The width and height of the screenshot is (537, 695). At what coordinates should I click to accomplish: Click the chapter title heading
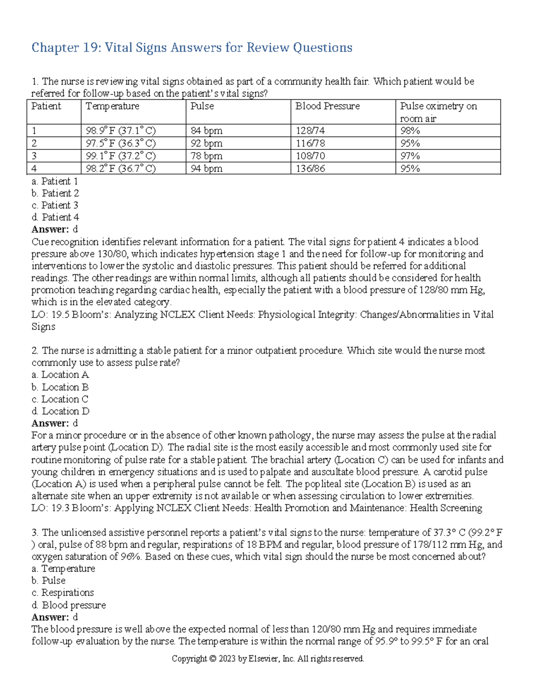(192, 47)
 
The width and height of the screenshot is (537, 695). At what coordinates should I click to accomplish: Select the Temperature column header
(112, 106)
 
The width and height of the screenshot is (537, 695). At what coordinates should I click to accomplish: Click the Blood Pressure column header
(328, 106)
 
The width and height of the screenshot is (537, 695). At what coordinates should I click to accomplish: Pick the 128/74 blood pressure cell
(310, 131)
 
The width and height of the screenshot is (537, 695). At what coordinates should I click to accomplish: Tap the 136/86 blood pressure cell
(310, 169)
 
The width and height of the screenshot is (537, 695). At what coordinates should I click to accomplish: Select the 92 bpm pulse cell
(206, 144)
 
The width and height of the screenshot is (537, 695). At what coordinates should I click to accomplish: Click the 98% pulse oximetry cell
(410, 131)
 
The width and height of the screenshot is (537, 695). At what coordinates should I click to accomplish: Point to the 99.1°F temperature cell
(120, 156)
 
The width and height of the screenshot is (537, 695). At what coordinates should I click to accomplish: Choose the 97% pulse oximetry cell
(410, 156)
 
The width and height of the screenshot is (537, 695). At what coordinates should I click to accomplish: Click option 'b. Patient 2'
(55, 193)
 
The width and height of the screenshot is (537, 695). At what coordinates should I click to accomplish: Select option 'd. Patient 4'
(55, 217)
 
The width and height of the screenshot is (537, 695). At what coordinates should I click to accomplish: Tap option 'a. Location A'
(60, 375)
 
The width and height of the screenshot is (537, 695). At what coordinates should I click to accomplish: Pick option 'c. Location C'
(60, 399)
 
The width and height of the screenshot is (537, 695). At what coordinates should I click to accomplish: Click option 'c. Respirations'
(63, 593)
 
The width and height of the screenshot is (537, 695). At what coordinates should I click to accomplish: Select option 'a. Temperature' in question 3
(63, 568)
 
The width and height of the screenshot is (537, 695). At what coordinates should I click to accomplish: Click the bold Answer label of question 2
(50, 423)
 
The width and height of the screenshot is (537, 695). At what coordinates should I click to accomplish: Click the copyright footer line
(268, 659)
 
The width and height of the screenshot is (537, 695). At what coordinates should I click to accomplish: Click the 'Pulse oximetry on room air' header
(438, 112)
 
